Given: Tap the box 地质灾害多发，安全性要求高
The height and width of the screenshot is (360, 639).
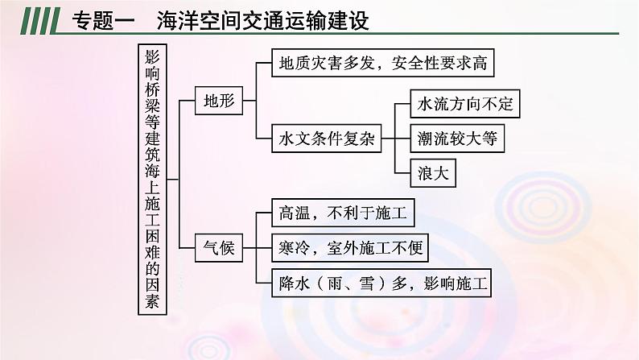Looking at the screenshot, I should pos(381,62).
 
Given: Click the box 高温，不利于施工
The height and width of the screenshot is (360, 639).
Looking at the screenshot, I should pos(343,214).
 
